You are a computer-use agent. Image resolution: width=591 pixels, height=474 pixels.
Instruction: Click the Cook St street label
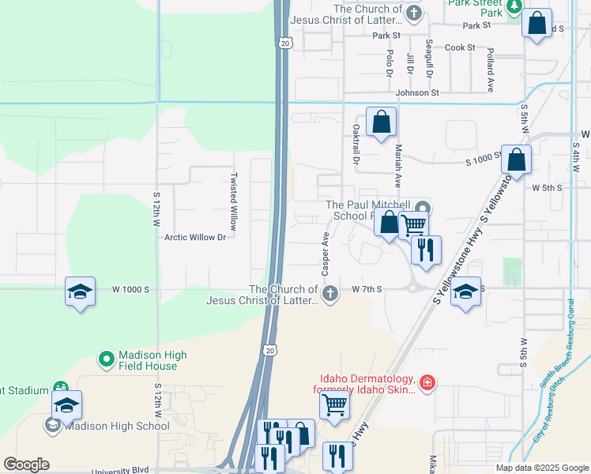[x=460, y=47]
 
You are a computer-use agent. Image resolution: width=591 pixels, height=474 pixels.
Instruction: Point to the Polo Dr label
[x=390, y=62]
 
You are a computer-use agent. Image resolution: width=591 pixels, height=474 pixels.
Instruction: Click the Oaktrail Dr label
[x=356, y=145]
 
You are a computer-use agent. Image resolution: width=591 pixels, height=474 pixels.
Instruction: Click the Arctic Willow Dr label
[x=195, y=237]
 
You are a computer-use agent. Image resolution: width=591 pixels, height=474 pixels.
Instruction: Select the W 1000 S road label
[x=130, y=290]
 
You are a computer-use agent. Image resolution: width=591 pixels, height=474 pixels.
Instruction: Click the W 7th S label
[x=367, y=290]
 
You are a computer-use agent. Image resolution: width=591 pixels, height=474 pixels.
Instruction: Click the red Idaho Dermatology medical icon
[x=427, y=382]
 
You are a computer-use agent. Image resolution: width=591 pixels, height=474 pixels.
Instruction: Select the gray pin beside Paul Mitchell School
[x=427, y=208]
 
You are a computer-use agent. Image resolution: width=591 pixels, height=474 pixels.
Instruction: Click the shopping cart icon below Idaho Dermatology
[x=335, y=405]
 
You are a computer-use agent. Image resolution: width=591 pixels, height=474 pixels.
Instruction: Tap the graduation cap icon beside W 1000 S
[x=80, y=292]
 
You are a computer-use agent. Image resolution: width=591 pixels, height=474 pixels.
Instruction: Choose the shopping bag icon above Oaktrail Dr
[x=381, y=122]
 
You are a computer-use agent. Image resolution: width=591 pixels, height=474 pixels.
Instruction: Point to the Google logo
[x=26, y=465]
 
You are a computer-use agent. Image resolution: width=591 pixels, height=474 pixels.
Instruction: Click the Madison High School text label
[x=116, y=426]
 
